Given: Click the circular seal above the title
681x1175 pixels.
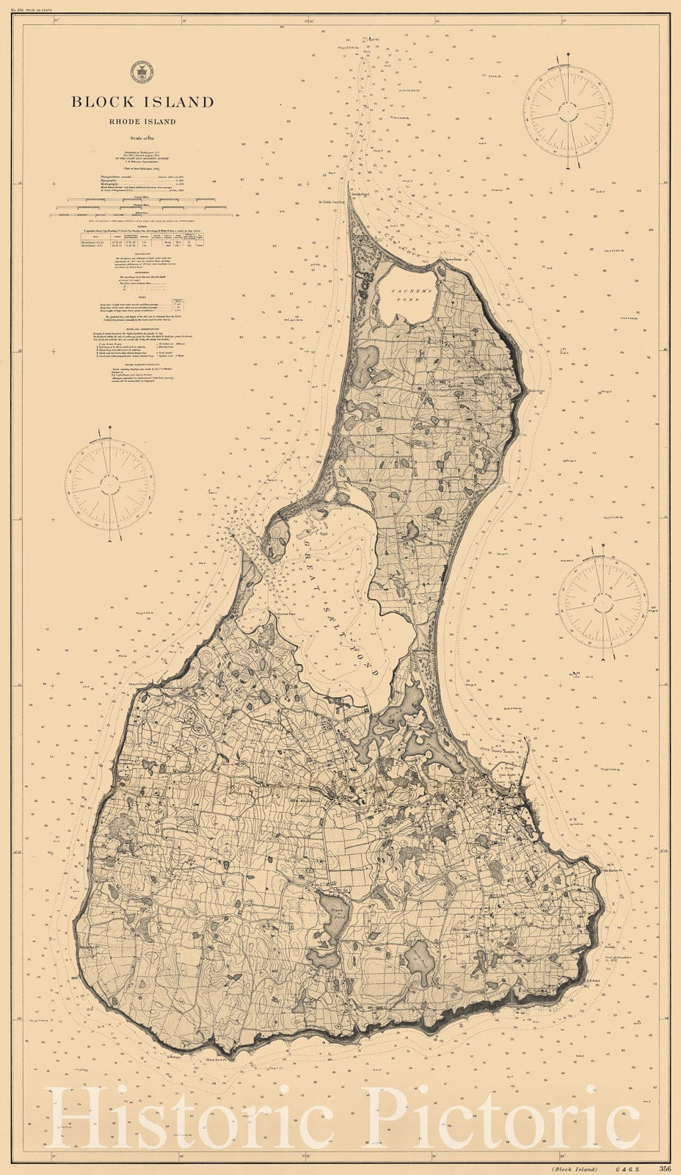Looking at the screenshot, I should point(138,72).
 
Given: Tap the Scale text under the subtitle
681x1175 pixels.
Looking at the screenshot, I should point(142,137).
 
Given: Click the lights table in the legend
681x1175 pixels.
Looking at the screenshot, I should point(142,239).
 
